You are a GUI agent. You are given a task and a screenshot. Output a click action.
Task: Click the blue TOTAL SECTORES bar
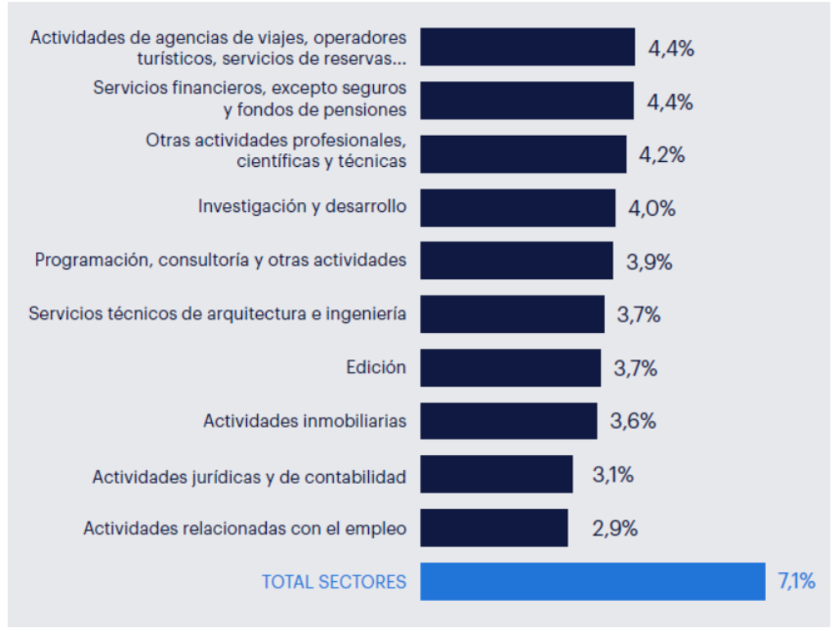(592, 582)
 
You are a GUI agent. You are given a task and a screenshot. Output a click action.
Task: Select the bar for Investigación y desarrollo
(517, 208)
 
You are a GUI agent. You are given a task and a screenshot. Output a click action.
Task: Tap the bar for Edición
(510, 367)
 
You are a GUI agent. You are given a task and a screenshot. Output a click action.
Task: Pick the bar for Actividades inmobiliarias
(508, 421)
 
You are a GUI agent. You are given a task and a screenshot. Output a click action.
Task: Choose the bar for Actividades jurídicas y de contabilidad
(496, 475)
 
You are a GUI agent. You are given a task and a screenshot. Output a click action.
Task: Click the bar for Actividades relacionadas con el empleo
(493, 528)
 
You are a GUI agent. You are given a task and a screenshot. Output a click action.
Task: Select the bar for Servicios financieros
(527, 101)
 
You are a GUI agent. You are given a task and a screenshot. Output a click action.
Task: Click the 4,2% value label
(661, 155)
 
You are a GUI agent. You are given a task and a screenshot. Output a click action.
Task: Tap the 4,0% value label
(652, 208)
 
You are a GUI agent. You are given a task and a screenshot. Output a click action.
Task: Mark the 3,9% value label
(649, 262)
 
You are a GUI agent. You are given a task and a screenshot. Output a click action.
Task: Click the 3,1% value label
(613, 475)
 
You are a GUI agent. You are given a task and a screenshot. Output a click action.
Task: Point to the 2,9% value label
(615, 528)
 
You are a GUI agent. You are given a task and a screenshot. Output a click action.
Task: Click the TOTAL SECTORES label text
(334, 582)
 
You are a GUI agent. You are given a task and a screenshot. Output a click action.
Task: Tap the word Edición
(376, 367)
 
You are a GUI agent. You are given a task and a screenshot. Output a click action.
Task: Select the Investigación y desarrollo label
(302, 206)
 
